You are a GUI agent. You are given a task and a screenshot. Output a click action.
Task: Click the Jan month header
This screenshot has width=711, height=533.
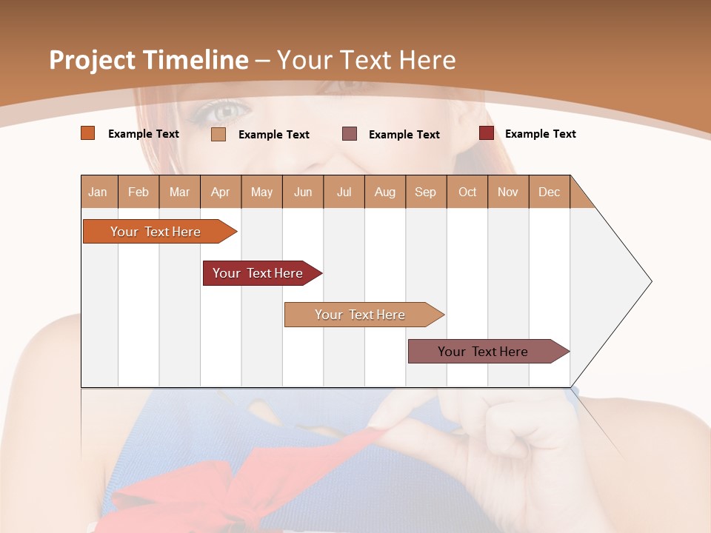click(99, 192)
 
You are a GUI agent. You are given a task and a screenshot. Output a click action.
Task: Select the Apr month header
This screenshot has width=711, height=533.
click(221, 192)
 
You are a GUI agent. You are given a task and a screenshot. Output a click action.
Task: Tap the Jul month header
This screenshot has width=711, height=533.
click(344, 192)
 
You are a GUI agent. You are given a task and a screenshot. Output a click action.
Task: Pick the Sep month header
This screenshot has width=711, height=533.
click(425, 192)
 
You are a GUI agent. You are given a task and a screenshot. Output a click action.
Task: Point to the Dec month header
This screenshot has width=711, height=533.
click(549, 192)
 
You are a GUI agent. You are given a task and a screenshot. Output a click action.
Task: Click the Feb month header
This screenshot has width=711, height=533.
click(138, 192)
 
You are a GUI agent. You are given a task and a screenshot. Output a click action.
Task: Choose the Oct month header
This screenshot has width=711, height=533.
click(467, 192)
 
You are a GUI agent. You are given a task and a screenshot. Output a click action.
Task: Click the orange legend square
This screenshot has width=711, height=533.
click(88, 133)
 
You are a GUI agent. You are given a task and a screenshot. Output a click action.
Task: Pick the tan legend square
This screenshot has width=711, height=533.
click(218, 134)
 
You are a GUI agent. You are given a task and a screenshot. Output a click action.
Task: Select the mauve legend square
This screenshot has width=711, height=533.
click(350, 134)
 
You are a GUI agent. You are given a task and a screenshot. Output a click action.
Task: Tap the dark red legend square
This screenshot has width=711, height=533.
click(487, 133)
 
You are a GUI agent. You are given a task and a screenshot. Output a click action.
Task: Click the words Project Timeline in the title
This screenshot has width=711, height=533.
click(148, 60)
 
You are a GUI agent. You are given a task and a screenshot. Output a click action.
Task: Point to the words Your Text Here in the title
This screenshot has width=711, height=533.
click(366, 60)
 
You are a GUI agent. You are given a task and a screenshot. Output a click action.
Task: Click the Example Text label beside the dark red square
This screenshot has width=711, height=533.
click(540, 134)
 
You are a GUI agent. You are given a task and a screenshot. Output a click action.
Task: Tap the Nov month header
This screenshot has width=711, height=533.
click(508, 192)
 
